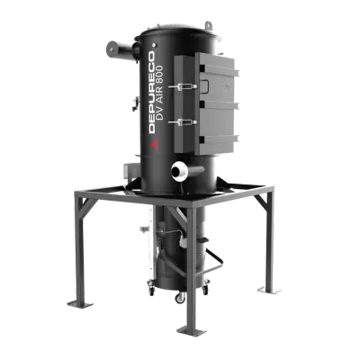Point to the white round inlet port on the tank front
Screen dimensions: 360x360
[184, 167]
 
